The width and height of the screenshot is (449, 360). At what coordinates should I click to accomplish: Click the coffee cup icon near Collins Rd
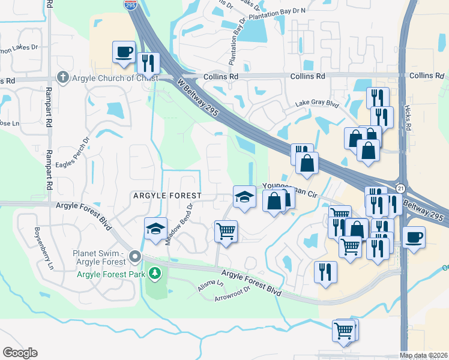[124, 52]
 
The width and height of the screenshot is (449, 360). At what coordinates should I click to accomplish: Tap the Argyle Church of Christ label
[114, 78]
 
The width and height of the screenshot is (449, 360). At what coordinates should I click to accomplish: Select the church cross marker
[62, 77]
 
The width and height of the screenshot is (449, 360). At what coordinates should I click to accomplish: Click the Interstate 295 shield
[130, 5]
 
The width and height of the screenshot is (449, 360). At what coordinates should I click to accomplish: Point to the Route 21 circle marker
[401, 188]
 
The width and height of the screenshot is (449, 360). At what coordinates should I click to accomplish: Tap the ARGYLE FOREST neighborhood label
[166, 196]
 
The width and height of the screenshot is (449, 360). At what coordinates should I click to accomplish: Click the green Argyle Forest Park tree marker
[155, 274]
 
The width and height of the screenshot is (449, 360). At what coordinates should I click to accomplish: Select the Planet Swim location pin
[135, 257]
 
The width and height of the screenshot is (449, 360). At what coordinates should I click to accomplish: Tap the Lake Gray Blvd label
[317, 103]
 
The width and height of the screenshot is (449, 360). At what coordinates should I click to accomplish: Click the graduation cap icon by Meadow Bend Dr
[155, 229]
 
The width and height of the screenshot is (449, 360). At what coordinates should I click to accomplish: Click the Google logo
[20, 353]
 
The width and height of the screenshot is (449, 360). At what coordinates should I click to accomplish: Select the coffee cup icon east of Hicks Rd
[414, 237]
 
